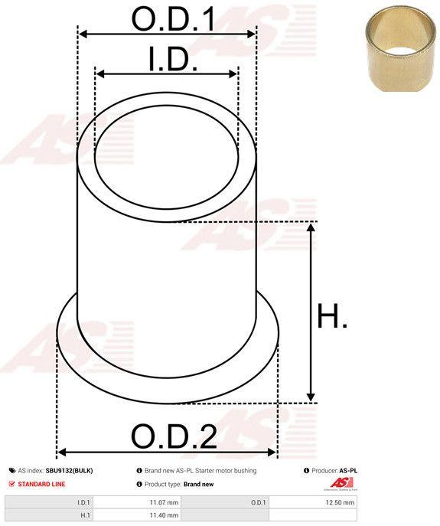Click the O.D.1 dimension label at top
tap(173, 19)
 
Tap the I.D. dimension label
tap(173, 59)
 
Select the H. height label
tap(332, 315)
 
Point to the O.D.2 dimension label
tap(174, 436)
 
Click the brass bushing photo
tap(400, 49)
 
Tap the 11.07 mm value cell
tap(136, 502)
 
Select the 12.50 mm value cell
tap(312, 502)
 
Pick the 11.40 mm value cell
tap(136, 515)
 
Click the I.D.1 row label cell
tap(49, 502)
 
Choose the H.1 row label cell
tap(49, 515)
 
